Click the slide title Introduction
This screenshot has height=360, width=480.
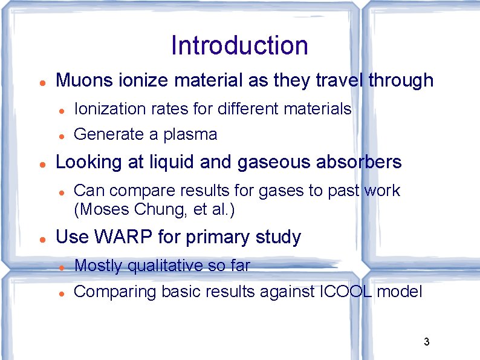[x=239, y=45]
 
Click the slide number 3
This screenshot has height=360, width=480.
[x=426, y=342]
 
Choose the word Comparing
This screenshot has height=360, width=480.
[x=115, y=292]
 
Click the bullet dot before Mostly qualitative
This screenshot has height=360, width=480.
[x=62, y=266]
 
